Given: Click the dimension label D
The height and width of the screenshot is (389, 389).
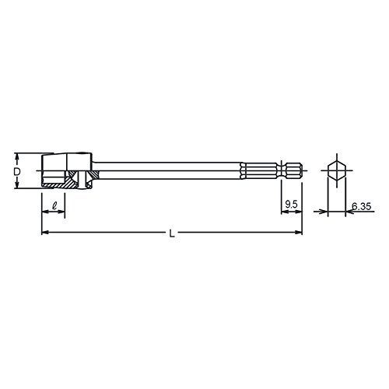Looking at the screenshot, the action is coord(17,172).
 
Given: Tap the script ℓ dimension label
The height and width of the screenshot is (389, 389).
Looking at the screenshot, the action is coord(54,206).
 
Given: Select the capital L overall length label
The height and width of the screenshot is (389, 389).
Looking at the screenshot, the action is coord(172,234).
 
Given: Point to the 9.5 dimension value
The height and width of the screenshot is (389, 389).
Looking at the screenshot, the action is coord(291,205).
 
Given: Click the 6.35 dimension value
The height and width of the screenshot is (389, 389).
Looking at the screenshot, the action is coord(362,206).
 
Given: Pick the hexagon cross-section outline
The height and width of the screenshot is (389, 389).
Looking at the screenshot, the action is coord(337,170).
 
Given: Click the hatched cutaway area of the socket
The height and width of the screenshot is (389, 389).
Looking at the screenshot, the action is coord(68,181).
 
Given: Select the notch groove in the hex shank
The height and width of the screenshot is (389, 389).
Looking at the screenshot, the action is coord(282,170).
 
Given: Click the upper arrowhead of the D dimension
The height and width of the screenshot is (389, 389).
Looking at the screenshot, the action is coord(17,156).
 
